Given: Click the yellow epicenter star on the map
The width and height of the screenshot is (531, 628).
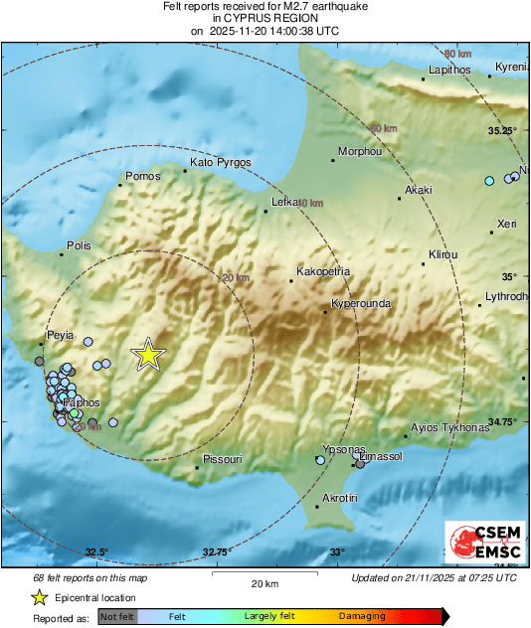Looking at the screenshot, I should (x=148, y=355).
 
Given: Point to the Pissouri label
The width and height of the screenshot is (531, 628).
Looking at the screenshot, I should (x=222, y=459).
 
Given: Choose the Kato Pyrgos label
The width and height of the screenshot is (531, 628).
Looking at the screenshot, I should (x=221, y=162).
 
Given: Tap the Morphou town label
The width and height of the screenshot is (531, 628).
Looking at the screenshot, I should (x=360, y=152).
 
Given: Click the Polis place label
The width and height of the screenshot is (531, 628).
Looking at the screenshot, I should (x=79, y=244).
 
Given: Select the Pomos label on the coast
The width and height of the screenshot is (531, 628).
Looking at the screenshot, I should (x=141, y=177).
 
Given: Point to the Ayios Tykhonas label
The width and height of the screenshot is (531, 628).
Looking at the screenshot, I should (x=450, y=427).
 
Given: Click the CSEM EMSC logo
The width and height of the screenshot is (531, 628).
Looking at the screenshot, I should (x=480, y=542).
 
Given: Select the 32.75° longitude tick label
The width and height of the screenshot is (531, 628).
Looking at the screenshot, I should (x=217, y=552).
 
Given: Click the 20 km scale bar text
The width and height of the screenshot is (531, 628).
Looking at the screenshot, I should (x=264, y=582).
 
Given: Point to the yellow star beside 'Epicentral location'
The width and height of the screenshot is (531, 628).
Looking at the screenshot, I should (x=40, y=597).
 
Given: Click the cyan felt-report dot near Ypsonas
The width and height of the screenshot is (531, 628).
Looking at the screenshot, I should (x=320, y=460).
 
